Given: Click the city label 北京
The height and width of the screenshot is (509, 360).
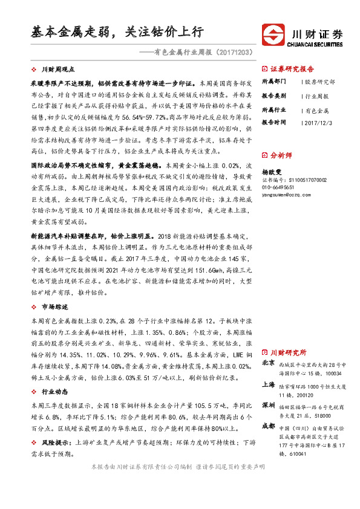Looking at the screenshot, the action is pyautogui.click(x=268, y=363).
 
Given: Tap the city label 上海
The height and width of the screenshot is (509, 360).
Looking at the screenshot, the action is pyautogui.click(x=268, y=384).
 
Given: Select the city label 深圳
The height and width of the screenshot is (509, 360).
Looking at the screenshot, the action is pyautogui.click(x=268, y=404).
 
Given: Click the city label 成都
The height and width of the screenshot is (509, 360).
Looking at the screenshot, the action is pyautogui.click(x=268, y=426).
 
